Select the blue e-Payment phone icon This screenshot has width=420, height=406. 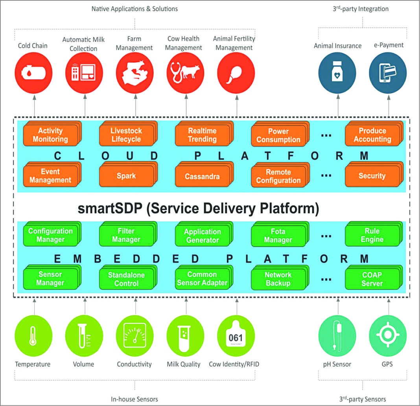tap(388, 73)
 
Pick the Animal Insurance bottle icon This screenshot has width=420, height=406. tap(337, 74)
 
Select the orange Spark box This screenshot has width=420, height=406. tap(126, 176)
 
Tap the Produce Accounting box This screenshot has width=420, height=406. tap(372, 135)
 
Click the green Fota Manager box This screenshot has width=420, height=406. tap(278, 235)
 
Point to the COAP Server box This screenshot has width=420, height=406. tap(372, 279)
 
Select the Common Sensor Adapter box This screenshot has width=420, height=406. tap(202, 279)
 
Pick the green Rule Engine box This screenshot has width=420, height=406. tap(372, 235)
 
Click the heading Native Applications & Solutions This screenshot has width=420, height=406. tap(134, 9)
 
